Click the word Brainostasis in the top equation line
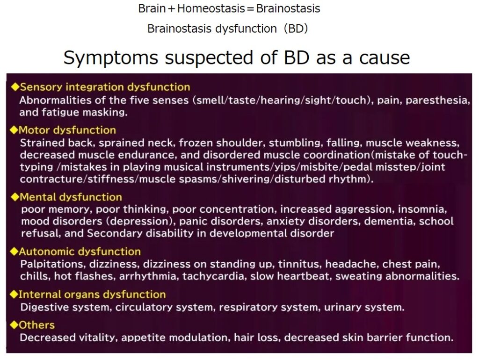click(288, 8)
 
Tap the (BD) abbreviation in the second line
click(296, 29)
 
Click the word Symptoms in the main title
click(111, 58)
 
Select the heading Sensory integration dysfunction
click(105, 87)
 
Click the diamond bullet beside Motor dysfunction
click(14, 130)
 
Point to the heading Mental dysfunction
click(71, 197)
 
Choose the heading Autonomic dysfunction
click(80, 252)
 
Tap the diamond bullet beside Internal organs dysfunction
click(14, 295)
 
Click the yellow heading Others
click(36, 325)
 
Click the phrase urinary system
click(364, 307)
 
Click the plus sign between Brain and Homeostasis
click(172, 9)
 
